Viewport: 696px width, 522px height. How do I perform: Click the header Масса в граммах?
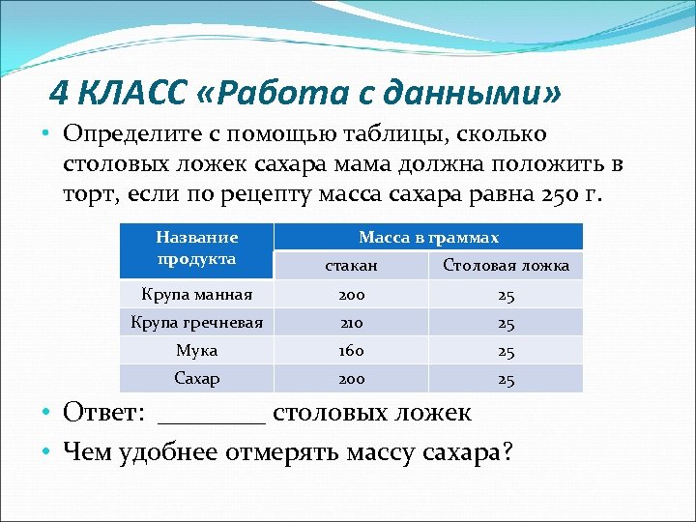point(428,237)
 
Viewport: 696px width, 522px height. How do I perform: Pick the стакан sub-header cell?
point(351,265)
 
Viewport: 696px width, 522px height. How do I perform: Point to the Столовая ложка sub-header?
point(506,265)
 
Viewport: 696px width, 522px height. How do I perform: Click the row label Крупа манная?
point(196,294)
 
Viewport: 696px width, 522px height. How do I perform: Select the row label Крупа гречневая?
point(196,322)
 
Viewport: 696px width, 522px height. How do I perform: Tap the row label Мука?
point(196,350)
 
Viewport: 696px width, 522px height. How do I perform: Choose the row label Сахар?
point(196,378)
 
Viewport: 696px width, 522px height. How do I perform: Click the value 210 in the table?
point(351,322)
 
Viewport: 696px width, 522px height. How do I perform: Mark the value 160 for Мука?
point(351,350)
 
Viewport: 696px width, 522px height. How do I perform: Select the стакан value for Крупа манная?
point(351,294)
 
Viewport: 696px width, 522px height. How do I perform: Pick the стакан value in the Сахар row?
point(351,378)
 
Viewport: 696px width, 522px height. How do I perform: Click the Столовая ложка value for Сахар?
point(506,378)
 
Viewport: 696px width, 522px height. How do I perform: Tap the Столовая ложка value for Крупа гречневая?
point(506,322)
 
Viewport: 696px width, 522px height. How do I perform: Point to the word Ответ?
point(104,413)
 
